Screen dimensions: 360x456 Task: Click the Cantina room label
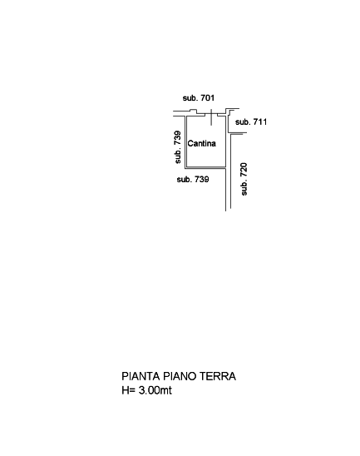point(202,143)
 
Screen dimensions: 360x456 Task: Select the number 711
point(260,121)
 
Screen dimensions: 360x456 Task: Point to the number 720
point(244,170)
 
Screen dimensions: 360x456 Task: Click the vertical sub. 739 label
point(178,147)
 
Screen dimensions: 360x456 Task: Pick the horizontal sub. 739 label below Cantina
point(193,180)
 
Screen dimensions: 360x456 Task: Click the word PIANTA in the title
point(141,376)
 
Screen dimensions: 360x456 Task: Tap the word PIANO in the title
point(176,376)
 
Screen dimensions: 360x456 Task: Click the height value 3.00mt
point(155,390)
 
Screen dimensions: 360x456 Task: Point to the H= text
point(128,390)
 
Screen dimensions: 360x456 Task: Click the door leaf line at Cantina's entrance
point(211,117)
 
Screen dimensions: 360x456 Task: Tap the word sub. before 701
point(190,98)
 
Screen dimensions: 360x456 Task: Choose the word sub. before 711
point(243,121)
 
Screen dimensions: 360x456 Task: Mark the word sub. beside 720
point(244,187)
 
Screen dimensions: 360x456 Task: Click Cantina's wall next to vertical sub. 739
point(186,142)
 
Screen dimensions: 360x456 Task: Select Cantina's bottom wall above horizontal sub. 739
point(205,167)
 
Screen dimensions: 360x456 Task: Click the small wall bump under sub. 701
point(193,112)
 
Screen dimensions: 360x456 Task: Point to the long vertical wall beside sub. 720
point(230,171)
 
